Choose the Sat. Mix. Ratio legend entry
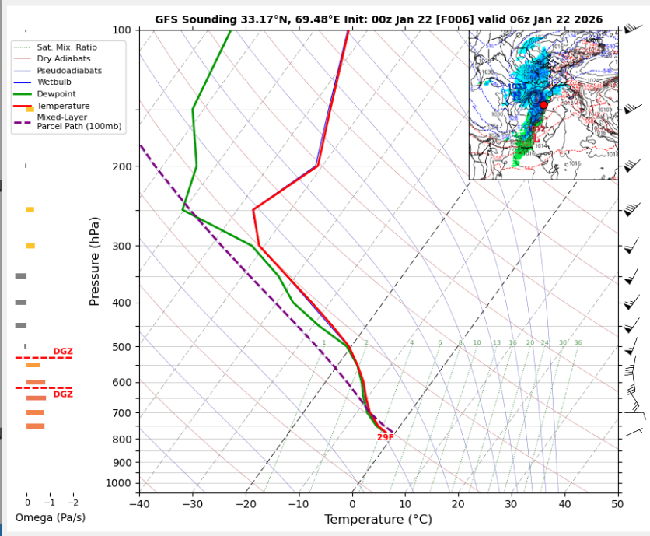(67, 47)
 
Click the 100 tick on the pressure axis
(124, 30)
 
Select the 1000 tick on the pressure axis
(121, 483)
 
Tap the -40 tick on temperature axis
(140, 503)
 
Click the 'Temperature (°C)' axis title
(378, 519)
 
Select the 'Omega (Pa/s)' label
(50, 517)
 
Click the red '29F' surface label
(385, 437)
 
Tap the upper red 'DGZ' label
(63, 352)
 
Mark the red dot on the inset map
(543, 104)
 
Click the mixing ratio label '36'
(577, 342)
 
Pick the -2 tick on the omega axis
(74, 503)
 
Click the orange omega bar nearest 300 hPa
(30, 246)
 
